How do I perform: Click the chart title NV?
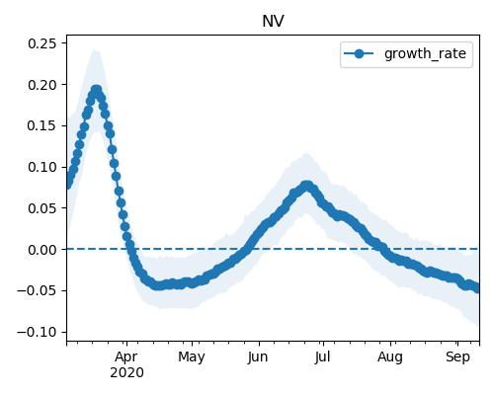273,22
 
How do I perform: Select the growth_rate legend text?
425,53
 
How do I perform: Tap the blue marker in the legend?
359,53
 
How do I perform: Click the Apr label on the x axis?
126,357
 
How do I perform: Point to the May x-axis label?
192,357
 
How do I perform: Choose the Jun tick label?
258,357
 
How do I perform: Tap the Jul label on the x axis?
322,357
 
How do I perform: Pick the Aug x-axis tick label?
390,357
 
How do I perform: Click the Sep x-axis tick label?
457,357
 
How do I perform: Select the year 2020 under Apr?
126,373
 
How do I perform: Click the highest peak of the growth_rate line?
96,90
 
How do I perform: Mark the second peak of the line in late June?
307,186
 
